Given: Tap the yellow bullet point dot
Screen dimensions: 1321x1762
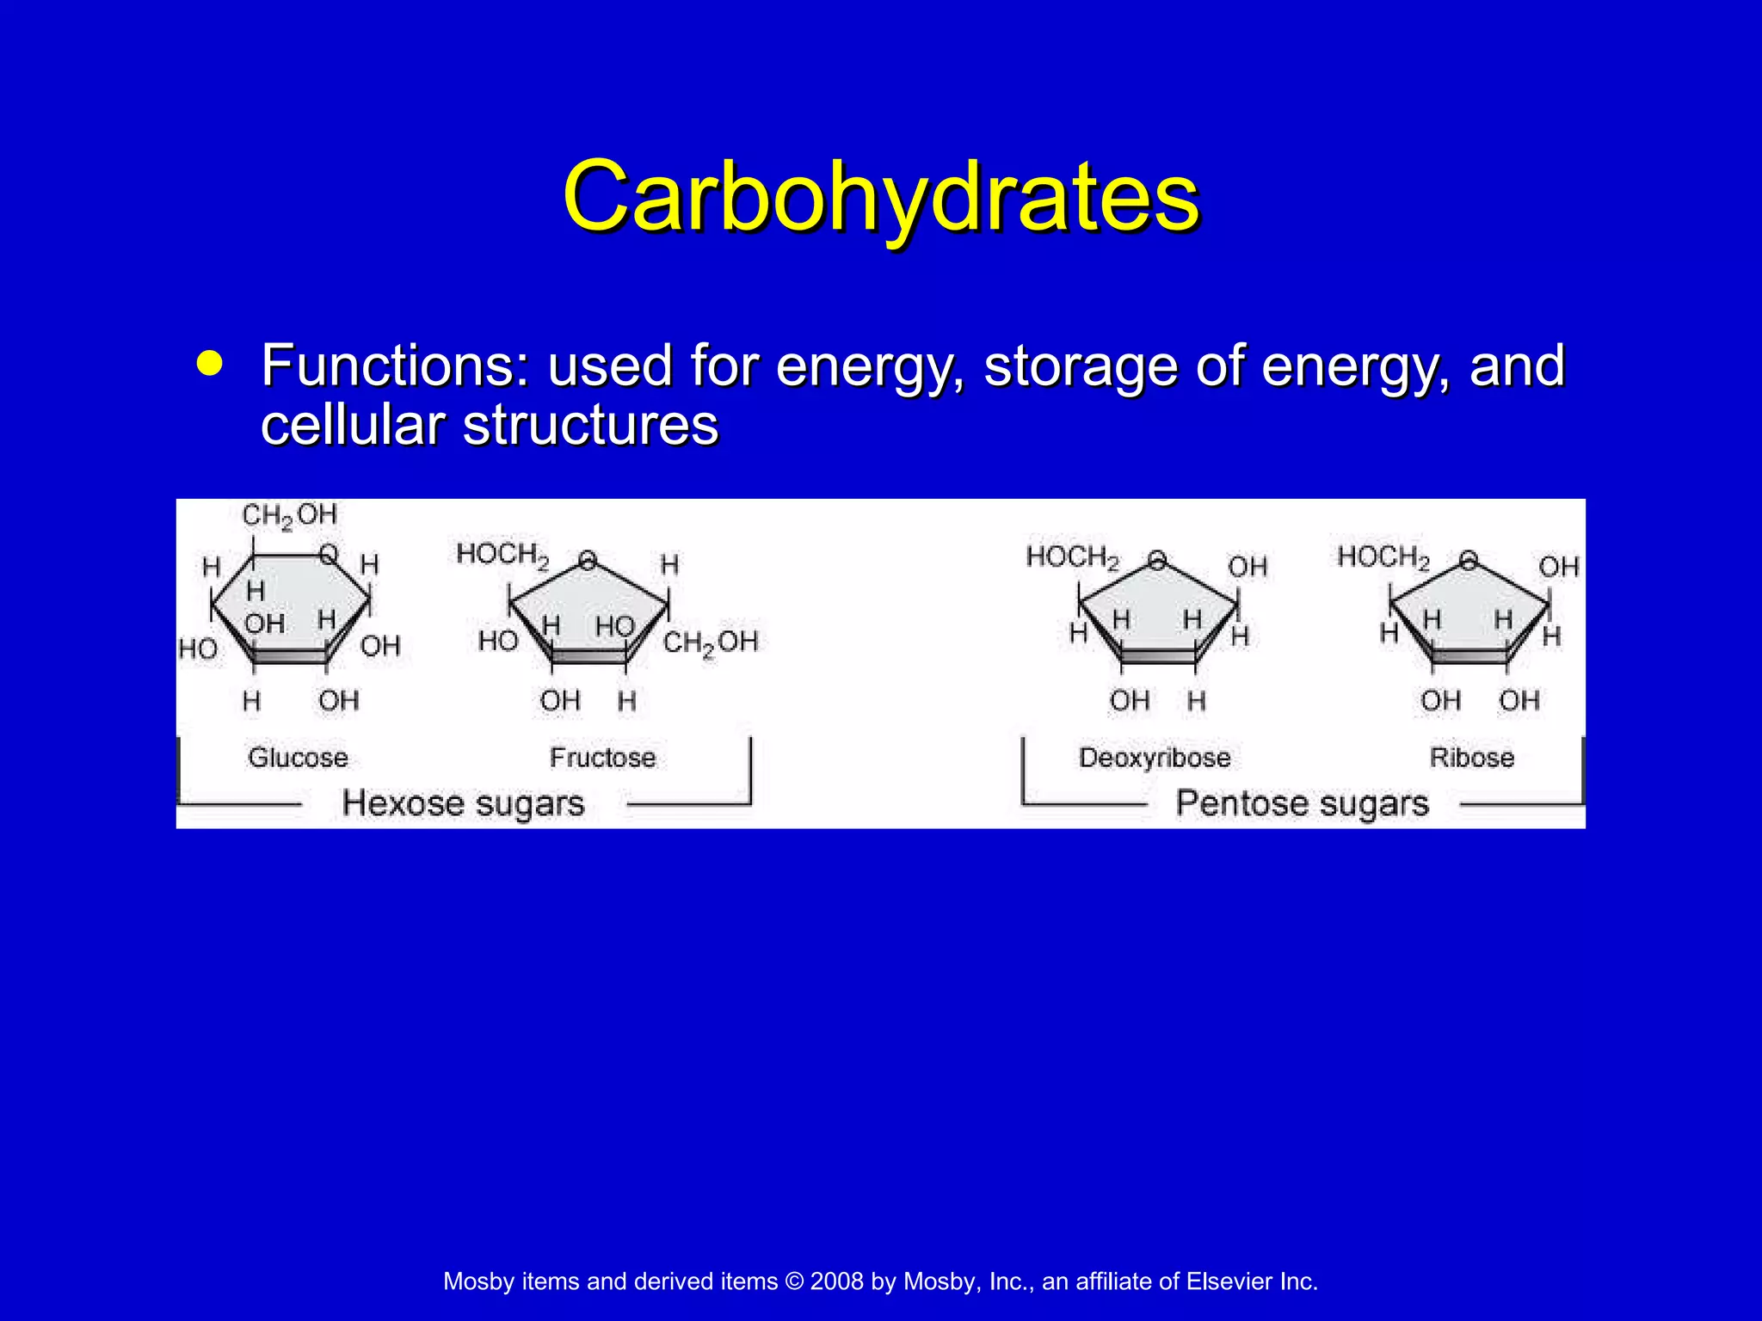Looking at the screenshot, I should [x=209, y=363].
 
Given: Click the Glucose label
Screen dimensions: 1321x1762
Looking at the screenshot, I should [x=298, y=758].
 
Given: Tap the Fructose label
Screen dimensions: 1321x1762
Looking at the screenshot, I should [x=602, y=758].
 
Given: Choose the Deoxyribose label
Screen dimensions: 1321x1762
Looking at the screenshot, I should [x=1155, y=758].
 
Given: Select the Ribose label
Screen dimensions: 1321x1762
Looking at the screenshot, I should [x=1471, y=758].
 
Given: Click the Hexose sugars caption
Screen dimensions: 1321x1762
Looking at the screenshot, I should [x=463, y=803].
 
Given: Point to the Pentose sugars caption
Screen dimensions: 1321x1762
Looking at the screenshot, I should [x=1302, y=803].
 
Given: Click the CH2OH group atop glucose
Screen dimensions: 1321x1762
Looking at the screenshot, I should [x=289, y=516].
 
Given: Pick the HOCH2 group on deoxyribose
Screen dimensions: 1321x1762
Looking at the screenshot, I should [x=1073, y=557].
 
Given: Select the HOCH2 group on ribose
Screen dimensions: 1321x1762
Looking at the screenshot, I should [x=1383, y=557].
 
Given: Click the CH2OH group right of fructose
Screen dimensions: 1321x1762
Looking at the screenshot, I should [x=711, y=642].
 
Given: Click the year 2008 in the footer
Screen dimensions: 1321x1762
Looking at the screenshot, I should [x=836, y=1281].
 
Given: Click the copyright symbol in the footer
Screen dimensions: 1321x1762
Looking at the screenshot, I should [x=793, y=1281].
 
